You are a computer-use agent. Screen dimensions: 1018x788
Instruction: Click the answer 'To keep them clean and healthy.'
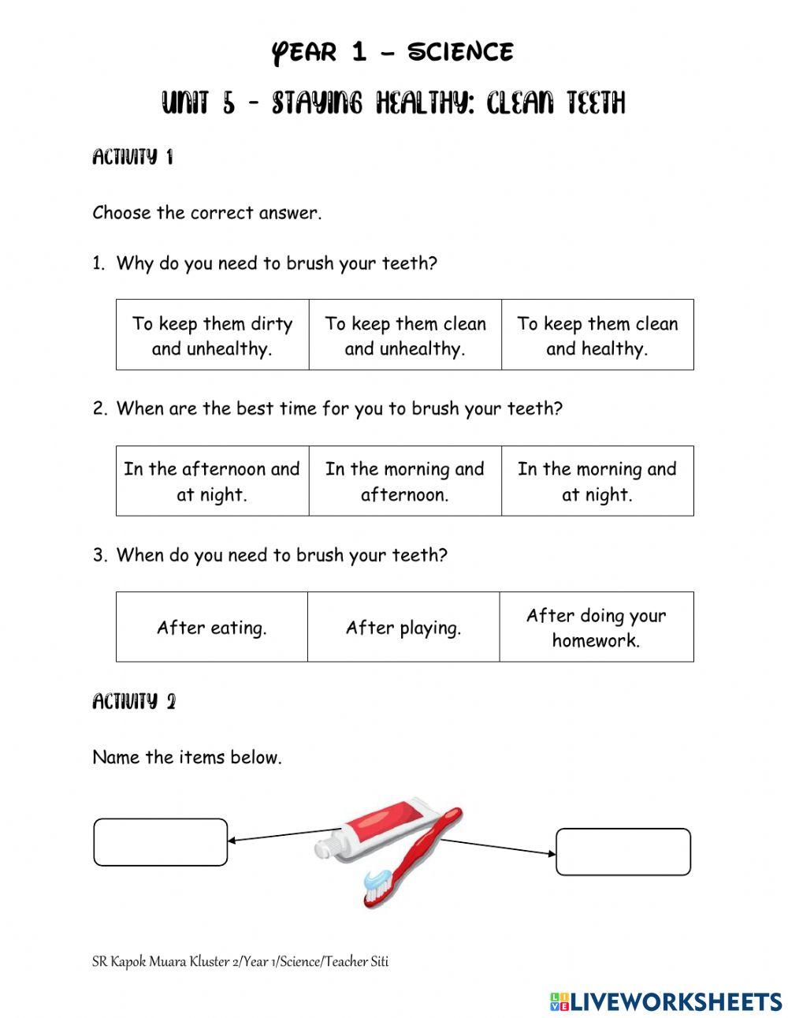597,335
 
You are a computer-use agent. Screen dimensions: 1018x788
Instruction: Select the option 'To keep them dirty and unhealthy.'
212,335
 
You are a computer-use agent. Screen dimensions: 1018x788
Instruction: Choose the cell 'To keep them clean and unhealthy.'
405,335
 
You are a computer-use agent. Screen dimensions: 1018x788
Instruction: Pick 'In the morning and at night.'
597,481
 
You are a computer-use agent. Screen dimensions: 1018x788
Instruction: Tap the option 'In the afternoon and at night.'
212,481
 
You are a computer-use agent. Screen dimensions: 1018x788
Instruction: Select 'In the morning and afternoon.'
405,481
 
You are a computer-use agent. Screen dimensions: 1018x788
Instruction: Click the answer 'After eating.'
212,628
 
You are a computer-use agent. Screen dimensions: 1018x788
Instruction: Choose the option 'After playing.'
403,628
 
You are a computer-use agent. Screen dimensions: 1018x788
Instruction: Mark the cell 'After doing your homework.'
597,628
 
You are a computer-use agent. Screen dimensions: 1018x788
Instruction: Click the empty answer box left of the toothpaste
161,842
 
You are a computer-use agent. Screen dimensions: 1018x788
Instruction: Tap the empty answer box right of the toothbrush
623,852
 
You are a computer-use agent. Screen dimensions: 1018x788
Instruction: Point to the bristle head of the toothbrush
377,882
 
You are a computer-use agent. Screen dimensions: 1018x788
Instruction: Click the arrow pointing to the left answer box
284,835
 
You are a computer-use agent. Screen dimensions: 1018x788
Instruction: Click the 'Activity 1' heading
132,157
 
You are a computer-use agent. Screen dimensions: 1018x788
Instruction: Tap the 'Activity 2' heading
134,701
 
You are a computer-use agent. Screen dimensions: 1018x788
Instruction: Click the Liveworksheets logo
666,1001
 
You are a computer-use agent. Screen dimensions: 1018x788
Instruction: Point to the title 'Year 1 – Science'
392,53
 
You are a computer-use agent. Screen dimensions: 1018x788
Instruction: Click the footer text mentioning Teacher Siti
240,961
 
